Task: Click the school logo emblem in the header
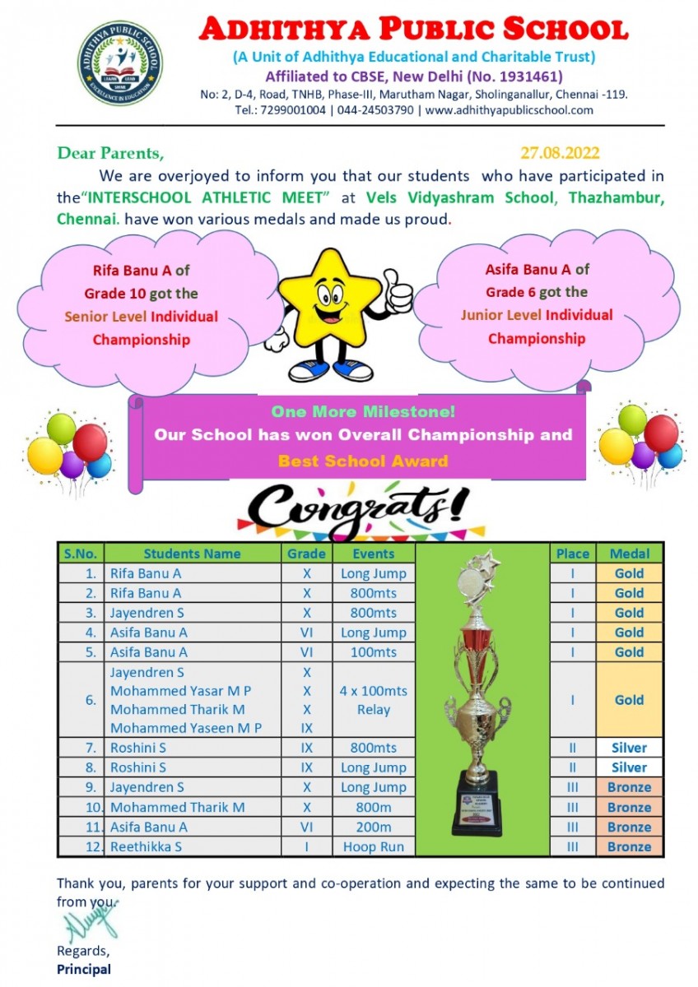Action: tap(120, 64)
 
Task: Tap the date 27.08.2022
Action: tap(560, 153)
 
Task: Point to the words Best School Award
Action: tap(363, 461)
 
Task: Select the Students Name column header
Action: tap(192, 554)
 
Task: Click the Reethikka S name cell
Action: tap(147, 846)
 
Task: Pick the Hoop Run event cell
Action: tap(374, 846)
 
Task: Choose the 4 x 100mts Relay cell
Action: tap(374, 700)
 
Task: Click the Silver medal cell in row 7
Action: tap(629, 748)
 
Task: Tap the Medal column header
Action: tap(629, 554)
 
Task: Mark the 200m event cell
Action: tap(374, 827)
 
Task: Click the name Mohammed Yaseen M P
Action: tap(186, 728)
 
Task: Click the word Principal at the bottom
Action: tap(84, 969)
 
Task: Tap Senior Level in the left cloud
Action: tap(122, 317)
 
